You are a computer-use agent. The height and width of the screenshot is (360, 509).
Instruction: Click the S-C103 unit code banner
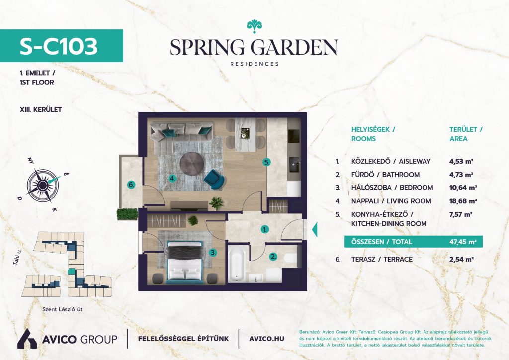point(61,46)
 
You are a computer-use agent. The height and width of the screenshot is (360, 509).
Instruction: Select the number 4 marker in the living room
point(172,178)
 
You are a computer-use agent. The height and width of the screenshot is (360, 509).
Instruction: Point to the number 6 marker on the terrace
point(131,185)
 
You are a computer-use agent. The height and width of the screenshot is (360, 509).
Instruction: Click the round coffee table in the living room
point(192,163)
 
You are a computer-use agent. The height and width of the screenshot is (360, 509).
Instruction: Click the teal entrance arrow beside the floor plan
point(314,230)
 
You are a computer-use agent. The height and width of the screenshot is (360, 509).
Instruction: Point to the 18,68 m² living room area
point(463,201)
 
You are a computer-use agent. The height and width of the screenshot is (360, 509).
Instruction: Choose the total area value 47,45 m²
point(463,242)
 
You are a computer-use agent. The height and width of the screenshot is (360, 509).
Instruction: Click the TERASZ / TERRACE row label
point(382,260)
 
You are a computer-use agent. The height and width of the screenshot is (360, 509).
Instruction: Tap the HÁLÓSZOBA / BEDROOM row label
point(392,188)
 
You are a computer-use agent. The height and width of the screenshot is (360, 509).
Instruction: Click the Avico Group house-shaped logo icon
point(27,339)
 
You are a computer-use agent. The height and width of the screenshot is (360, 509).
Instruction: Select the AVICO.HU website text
point(266,339)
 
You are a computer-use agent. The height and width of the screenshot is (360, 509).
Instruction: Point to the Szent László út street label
point(62,309)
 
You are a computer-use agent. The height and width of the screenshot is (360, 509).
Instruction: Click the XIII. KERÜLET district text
point(41,110)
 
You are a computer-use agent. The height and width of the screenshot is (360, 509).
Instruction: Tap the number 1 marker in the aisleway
point(265,230)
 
